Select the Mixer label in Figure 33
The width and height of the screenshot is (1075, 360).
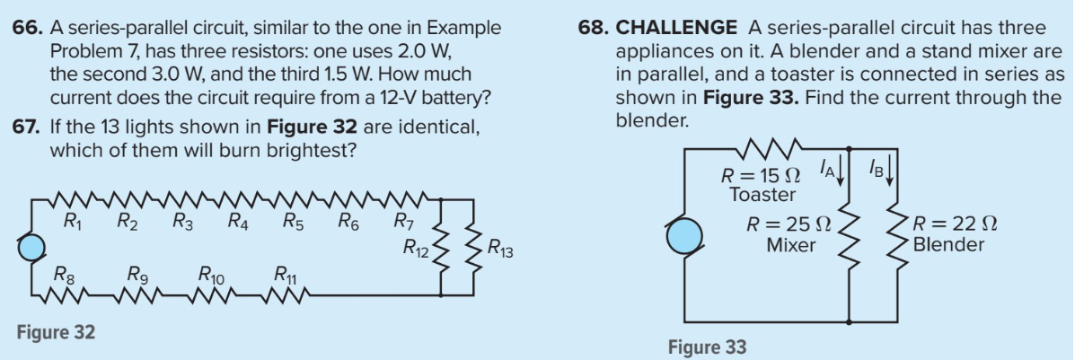791,244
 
